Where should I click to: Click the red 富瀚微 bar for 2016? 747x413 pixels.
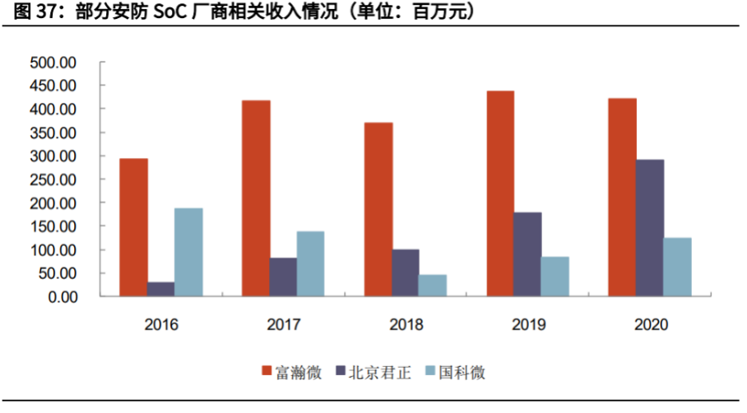[x=133, y=227]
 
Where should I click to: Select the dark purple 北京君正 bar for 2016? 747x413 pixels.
[x=161, y=289]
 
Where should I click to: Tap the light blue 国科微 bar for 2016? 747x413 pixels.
[x=188, y=252]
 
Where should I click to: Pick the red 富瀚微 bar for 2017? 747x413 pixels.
[x=255, y=198]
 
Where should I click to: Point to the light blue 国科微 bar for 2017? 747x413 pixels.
[x=310, y=263]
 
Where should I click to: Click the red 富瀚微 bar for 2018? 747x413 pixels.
[x=378, y=209]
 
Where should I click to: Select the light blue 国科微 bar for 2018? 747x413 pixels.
[x=433, y=285]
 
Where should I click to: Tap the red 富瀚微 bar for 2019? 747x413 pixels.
[x=499, y=193]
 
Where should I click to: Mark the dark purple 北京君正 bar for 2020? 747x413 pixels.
[x=649, y=228]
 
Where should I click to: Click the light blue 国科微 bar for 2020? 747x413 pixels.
[x=677, y=267]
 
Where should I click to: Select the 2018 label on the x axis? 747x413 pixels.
[x=406, y=324]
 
